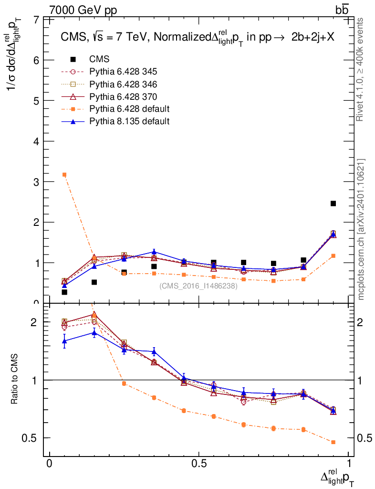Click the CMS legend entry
click(100, 60)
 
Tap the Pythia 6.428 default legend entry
click(129, 109)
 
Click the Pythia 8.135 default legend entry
click(129, 121)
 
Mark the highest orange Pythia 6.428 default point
click(64, 175)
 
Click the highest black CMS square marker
click(333, 203)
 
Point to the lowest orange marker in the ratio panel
click(333, 442)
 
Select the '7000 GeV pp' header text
click(83, 10)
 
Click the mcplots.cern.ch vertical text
click(361, 229)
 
